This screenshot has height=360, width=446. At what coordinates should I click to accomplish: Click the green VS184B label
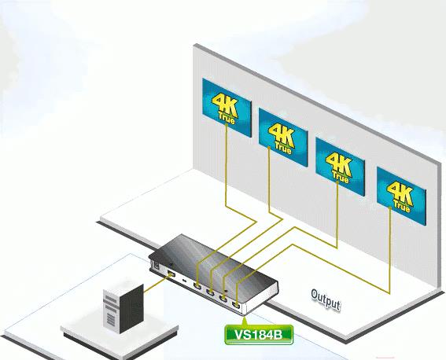[259, 335]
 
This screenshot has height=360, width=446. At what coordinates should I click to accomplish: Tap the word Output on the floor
[326, 300]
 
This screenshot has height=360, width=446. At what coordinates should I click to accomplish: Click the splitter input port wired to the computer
[171, 274]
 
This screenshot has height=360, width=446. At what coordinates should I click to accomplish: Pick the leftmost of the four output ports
[197, 285]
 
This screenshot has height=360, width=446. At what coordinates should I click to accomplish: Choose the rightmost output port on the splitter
[236, 305]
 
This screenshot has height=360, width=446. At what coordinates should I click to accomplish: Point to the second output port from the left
[210, 292]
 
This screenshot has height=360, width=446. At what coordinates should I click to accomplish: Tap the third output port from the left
[223, 299]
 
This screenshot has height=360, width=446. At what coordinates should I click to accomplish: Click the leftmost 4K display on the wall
[227, 108]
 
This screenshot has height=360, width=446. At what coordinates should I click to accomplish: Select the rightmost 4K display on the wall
[401, 196]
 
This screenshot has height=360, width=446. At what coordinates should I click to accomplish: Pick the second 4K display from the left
[283, 138]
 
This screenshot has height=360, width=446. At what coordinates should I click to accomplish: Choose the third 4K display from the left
[340, 167]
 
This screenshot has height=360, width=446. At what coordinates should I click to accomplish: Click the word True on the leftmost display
[227, 119]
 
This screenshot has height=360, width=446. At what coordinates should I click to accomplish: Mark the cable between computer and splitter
[155, 284]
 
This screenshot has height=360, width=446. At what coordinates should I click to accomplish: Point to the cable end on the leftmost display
[227, 124]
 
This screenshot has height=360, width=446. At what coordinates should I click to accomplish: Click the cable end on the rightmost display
[390, 208]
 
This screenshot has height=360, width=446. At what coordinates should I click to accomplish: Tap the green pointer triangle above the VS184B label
[244, 321]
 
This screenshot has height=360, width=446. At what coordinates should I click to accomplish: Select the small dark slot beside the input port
[184, 281]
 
